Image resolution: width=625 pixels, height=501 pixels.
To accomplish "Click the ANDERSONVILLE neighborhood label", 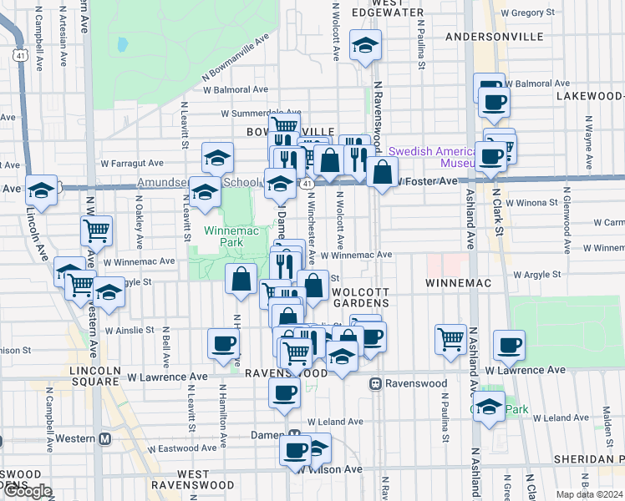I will tap(496, 37).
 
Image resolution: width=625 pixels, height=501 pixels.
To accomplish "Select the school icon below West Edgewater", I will tap(365, 46).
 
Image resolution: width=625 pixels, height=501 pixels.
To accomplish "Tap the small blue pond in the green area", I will tap(123, 43).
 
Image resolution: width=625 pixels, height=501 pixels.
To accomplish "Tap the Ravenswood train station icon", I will tap(377, 384).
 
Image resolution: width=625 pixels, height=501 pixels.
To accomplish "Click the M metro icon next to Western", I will tap(105, 438).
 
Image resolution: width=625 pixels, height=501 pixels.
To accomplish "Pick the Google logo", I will tap(28, 492).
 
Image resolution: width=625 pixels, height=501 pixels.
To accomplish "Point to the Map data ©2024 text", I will tap(590, 494).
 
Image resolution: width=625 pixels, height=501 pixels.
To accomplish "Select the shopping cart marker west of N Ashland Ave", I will tap(451, 339).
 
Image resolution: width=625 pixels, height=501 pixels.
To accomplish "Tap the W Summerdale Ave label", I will tap(260, 113).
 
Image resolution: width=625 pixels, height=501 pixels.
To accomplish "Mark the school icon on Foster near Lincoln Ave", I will tap(41, 190).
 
